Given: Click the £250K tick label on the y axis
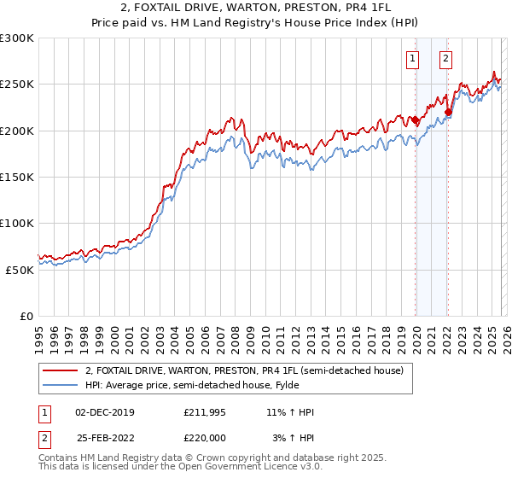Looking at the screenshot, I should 16,85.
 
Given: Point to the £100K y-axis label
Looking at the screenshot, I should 16,223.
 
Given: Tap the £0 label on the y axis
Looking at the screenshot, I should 27,316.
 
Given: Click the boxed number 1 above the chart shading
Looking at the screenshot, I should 413,59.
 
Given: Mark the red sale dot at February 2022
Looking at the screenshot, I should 448,112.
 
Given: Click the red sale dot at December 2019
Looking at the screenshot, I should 416,120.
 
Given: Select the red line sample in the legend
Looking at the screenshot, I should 61,370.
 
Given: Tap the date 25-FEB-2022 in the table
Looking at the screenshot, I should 105,438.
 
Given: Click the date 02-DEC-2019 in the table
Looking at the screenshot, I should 105,412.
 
